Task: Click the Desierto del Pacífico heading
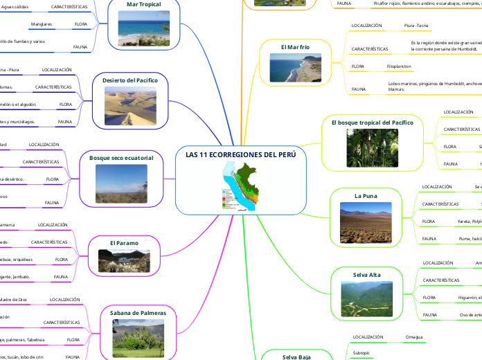tap(130, 81)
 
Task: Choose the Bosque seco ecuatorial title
tap(121, 158)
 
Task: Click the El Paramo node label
tap(124, 243)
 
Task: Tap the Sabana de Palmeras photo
tap(138, 337)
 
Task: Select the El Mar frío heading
tap(295, 47)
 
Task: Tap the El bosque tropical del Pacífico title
tap(372, 123)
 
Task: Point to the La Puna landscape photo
tap(366, 222)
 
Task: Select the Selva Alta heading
tap(366, 275)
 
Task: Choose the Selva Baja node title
tap(296, 357)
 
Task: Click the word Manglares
tap(42, 24)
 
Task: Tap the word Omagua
tap(415, 337)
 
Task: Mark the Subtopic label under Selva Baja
tap(361, 352)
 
